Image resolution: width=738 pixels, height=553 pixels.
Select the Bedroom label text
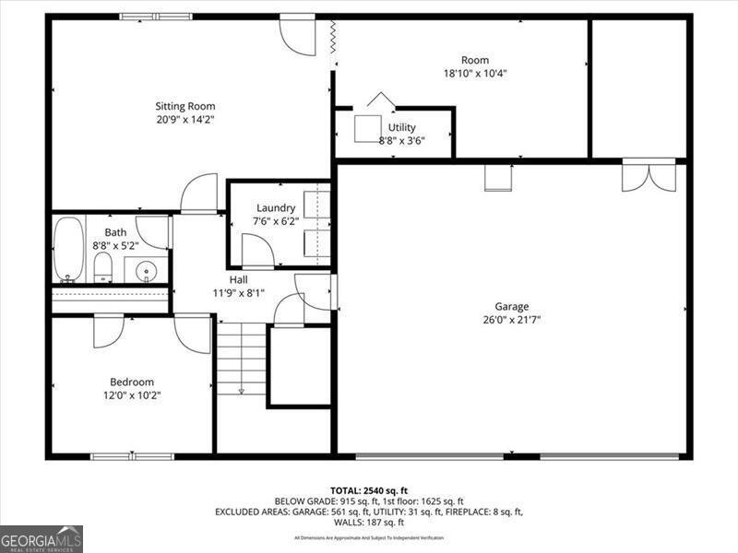pyautogui.click(x=132, y=382)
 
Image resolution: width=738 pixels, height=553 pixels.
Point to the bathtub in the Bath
pyautogui.click(x=68, y=248)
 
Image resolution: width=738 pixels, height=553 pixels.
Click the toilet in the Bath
pyautogui.click(x=102, y=267)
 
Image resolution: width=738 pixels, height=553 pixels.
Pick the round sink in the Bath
pyautogui.click(x=146, y=270)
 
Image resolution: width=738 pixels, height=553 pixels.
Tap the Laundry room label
pyautogui.click(x=276, y=208)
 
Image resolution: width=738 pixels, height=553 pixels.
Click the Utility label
pyautogui.click(x=402, y=127)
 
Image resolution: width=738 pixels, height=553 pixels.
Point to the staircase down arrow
pyautogui.click(x=242, y=389)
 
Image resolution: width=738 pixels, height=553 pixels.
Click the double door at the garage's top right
pyautogui.click(x=649, y=175)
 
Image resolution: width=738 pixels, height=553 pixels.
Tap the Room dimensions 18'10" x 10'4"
pyautogui.click(x=476, y=74)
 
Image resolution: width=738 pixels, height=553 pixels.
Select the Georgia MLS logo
pyautogui.click(x=42, y=538)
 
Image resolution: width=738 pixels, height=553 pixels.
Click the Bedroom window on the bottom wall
pyautogui.click(x=132, y=456)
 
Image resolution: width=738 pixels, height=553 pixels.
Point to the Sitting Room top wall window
pyautogui.click(x=156, y=16)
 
